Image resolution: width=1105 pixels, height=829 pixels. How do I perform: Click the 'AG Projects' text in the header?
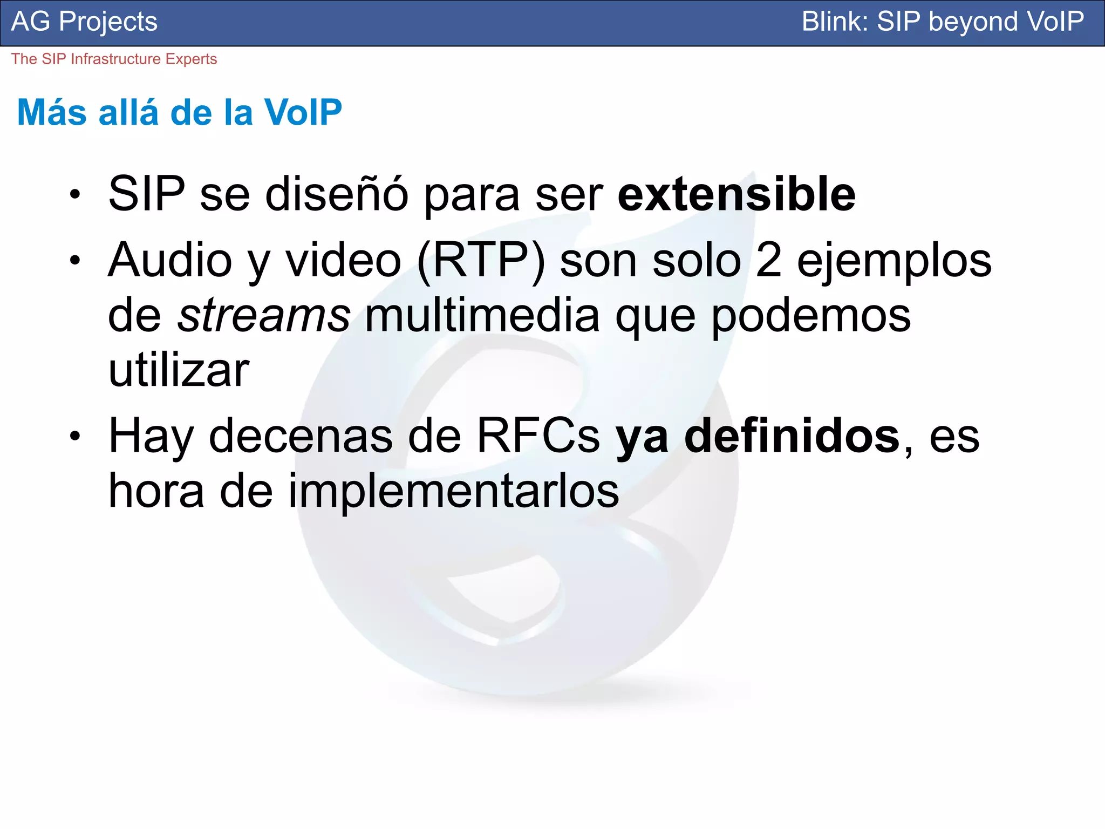tap(84, 22)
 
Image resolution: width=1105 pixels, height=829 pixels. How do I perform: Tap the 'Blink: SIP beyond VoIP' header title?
tap(942, 22)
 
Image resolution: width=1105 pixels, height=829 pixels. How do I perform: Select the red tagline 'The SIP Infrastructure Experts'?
tap(114, 59)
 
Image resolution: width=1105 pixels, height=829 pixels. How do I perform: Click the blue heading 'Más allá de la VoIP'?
tap(180, 112)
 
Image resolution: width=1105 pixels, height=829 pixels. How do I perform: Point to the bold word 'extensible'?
tap(736, 194)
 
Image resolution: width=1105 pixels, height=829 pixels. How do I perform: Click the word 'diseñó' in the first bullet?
tap(337, 194)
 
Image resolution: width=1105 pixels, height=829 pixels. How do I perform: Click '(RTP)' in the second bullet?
tap(481, 261)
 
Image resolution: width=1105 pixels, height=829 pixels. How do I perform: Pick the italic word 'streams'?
tap(264, 316)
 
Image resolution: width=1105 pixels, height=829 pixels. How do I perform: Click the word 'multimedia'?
tap(482, 316)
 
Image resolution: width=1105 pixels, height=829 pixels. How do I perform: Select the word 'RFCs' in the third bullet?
tap(538, 436)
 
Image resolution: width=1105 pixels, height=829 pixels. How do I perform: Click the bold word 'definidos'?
tap(792, 436)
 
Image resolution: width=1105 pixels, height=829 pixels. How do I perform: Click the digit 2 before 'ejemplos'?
tap(768, 261)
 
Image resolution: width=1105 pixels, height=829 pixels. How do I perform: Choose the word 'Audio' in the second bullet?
tap(170, 261)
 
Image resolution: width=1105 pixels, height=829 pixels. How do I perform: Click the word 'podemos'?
tap(811, 317)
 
